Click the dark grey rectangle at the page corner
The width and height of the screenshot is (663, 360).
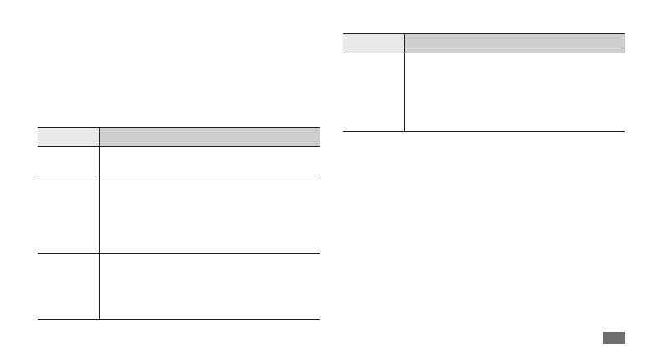click(x=612, y=337)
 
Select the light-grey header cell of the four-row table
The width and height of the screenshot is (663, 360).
click(x=68, y=137)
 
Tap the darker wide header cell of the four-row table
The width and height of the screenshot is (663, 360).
click(x=209, y=137)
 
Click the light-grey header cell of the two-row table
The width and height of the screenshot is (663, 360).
click(x=374, y=43)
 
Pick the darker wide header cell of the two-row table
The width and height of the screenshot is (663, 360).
click(x=514, y=43)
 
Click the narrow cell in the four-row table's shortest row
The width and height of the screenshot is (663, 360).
click(x=68, y=160)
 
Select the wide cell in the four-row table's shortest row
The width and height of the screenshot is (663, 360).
click(x=209, y=160)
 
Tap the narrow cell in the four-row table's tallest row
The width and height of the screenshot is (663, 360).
click(x=68, y=214)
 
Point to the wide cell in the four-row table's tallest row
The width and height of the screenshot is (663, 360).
click(x=209, y=214)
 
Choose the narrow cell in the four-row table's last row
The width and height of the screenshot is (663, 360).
click(x=68, y=286)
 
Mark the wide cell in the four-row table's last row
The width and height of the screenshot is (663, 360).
click(x=209, y=286)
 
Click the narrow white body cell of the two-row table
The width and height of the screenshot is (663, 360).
click(x=374, y=92)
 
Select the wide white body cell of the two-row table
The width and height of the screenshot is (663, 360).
click(x=514, y=92)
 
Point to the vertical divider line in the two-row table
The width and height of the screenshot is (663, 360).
click(x=404, y=92)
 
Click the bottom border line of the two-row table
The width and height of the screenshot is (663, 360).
click(x=484, y=131)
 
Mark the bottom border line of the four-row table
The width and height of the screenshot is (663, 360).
click(x=178, y=319)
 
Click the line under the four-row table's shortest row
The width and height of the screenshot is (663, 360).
click(x=178, y=175)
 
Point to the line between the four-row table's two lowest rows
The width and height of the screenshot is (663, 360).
click(x=178, y=253)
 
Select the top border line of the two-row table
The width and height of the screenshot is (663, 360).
click(x=484, y=33)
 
